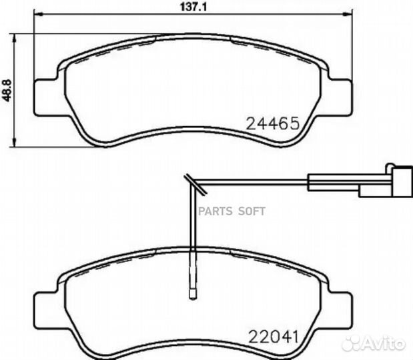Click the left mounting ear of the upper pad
46,97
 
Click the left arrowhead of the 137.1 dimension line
37,14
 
